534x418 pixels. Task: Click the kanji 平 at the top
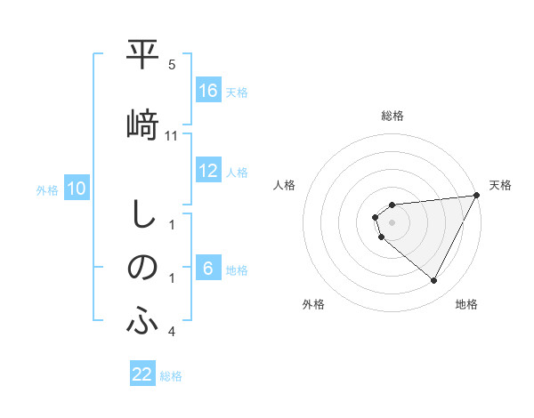click(x=142, y=57)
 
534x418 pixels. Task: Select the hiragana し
click(x=142, y=214)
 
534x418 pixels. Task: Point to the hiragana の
click(x=142, y=268)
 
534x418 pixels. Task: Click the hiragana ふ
click(x=142, y=322)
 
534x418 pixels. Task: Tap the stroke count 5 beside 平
click(x=172, y=65)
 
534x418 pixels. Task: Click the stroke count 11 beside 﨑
click(x=173, y=135)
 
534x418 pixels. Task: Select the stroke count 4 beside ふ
click(x=172, y=332)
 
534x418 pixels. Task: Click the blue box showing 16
click(x=208, y=91)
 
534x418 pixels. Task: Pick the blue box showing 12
click(x=208, y=171)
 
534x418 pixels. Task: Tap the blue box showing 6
click(x=208, y=269)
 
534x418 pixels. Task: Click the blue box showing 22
click(x=142, y=374)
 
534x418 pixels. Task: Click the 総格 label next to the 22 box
click(x=171, y=376)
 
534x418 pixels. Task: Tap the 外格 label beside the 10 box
click(x=47, y=189)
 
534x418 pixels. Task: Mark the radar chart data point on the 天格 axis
click(x=477, y=195)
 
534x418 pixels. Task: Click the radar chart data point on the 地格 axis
click(x=434, y=281)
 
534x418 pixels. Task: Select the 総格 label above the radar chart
click(x=392, y=116)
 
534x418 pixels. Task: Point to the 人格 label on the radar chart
click(x=285, y=185)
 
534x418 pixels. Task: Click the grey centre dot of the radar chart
click(x=392, y=222)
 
